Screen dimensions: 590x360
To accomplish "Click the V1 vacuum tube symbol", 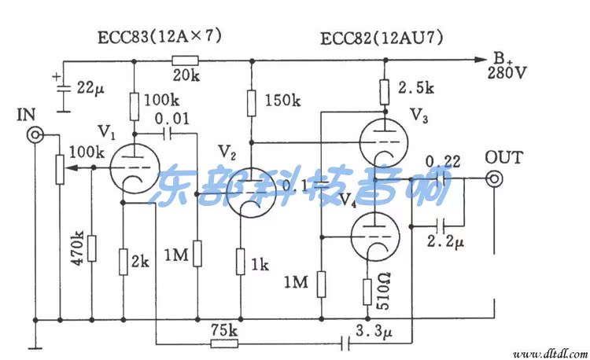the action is click(127, 167).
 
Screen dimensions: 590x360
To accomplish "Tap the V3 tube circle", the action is click(382, 141).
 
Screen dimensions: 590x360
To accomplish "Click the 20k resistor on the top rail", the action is click(186, 60).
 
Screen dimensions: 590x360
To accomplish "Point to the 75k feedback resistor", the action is click(223, 343).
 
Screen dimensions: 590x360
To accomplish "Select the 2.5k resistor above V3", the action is click(383, 91).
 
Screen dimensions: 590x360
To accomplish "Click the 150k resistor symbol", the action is click(251, 102).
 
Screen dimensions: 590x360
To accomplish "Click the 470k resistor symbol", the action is click(92, 248).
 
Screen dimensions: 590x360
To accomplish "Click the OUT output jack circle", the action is click(495, 179).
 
